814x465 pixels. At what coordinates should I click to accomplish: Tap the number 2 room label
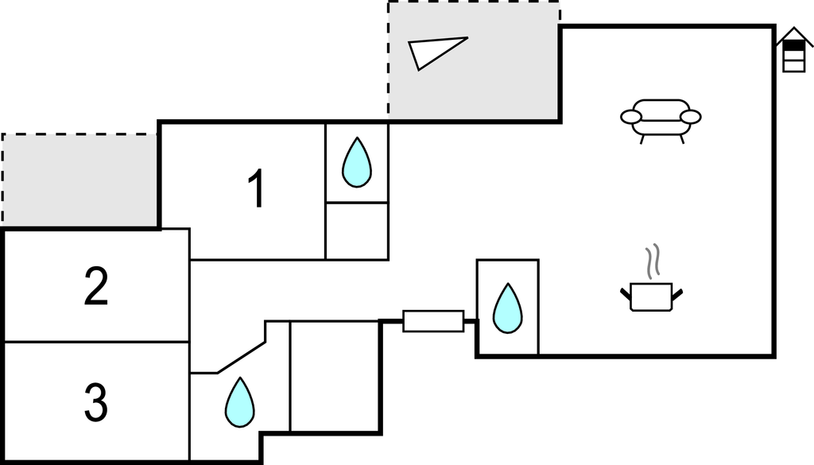[x=95, y=288]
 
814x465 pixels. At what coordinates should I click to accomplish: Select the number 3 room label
[x=95, y=403]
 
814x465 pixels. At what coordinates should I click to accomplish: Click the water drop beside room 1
[x=356, y=163]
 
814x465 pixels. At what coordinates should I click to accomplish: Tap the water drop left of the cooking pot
[x=507, y=308]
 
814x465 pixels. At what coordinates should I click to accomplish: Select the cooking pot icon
[x=651, y=296]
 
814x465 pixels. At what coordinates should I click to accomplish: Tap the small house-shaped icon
[x=793, y=51]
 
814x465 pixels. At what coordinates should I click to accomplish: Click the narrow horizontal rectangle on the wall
[x=433, y=321]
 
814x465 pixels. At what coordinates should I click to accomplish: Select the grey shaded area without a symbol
[x=79, y=179]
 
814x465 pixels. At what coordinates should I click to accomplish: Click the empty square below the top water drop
[x=357, y=231]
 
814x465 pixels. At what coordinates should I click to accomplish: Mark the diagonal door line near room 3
[x=242, y=358]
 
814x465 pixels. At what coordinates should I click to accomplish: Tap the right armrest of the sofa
[x=691, y=118]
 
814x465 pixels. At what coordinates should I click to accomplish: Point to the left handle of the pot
[x=625, y=295]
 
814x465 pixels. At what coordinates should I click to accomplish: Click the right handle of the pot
[x=677, y=295]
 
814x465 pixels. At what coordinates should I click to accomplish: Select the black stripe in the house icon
[x=793, y=45]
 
